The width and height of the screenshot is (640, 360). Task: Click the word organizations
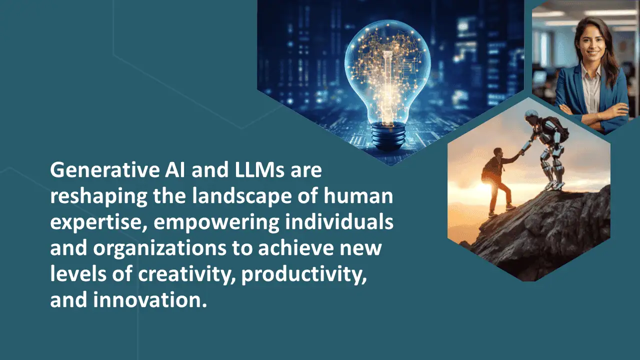[159, 248]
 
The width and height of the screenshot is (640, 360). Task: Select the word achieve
[295, 247]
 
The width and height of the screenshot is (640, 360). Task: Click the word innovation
[150, 300]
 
